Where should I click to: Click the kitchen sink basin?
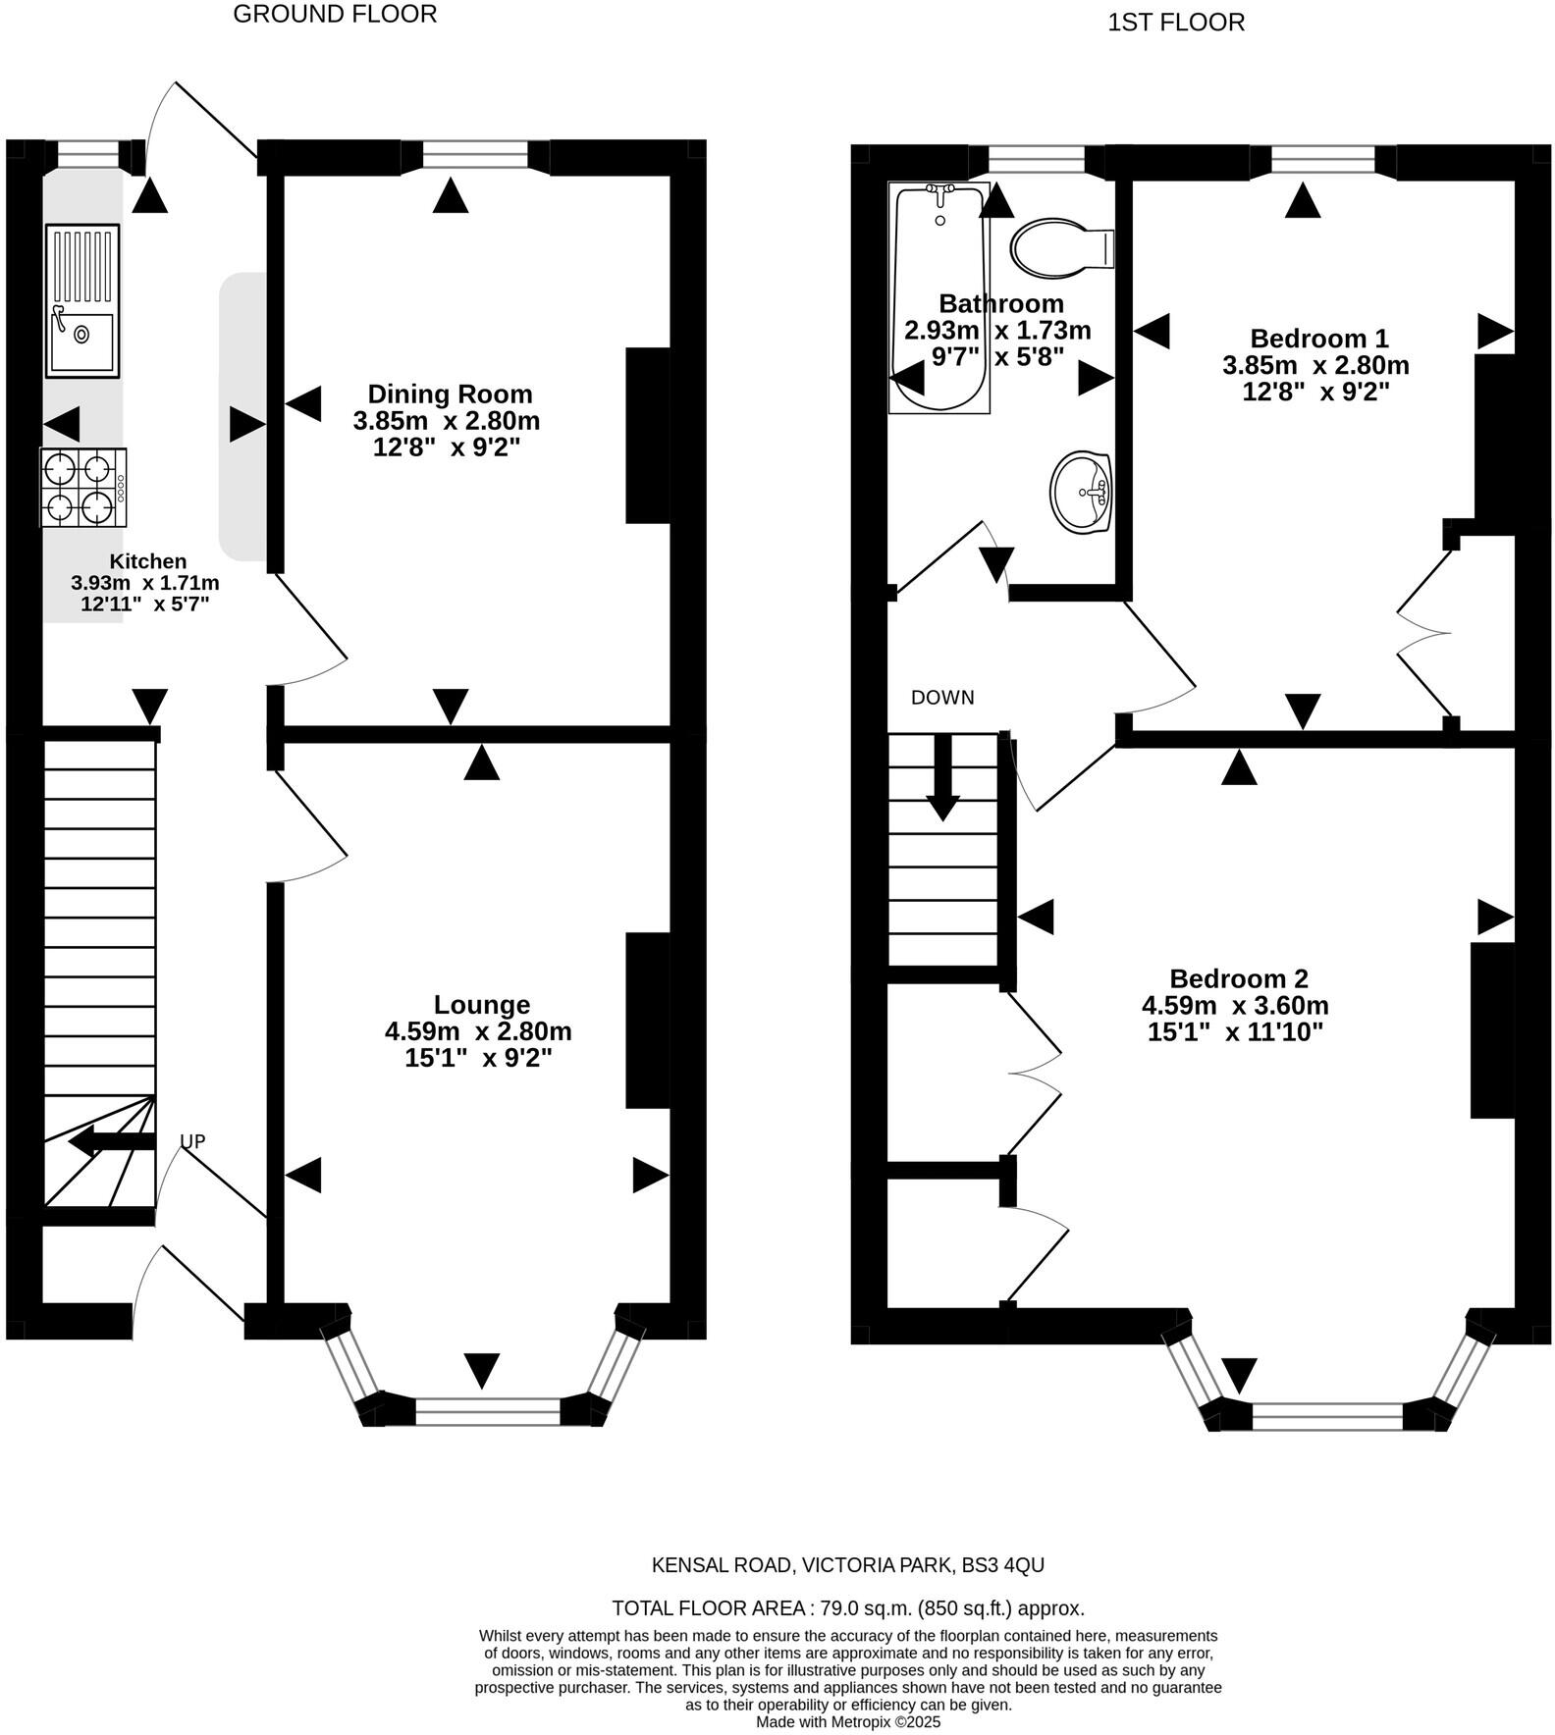tap(82, 342)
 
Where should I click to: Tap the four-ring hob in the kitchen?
tap(83, 487)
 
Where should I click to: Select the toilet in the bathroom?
tap(1062, 246)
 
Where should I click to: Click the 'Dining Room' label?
tap(450, 394)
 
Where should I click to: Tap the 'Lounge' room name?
tap(482, 1005)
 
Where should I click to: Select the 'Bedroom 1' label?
tap(1319, 339)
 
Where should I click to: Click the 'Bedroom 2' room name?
tap(1239, 978)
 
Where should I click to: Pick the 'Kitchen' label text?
tap(147, 561)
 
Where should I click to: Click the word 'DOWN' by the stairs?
tap(942, 698)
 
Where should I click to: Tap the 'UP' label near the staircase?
tap(192, 1141)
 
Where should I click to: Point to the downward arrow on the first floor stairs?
tap(943, 776)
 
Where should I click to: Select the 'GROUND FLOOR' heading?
tap(335, 14)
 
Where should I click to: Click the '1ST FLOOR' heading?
tap(1176, 23)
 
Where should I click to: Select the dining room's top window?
tap(475, 155)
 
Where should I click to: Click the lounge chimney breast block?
tap(648, 1021)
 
